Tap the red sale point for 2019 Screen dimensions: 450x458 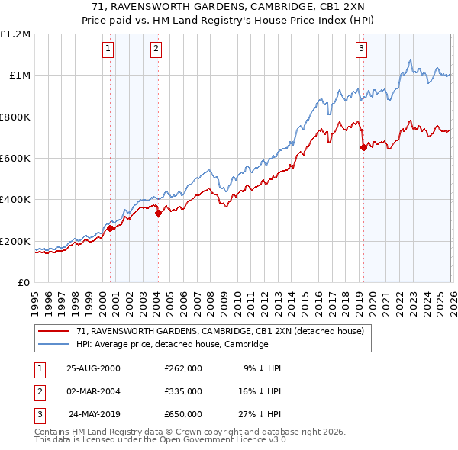pyautogui.click(x=363, y=148)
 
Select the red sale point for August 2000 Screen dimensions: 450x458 pyautogui.click(x=111, y=228)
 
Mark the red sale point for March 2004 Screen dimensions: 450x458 pyautogui.click(x=158, y=214)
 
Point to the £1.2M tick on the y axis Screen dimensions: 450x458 pyautogui.click(x=15, y=34)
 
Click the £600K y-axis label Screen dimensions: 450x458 pyautogui.click(x=15, y=159)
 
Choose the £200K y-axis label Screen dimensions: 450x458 pyautogui.click(x=15, y=241)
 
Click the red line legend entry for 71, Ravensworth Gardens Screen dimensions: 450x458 pyautogui.click(x=221, y=332)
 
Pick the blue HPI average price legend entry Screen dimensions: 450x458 pyautogui.click(x=172, y=345)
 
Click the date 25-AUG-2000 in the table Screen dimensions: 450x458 pyautogui.click(x=93, y=368)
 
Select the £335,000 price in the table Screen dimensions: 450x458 pyautogui.click(x=182, y=391)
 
